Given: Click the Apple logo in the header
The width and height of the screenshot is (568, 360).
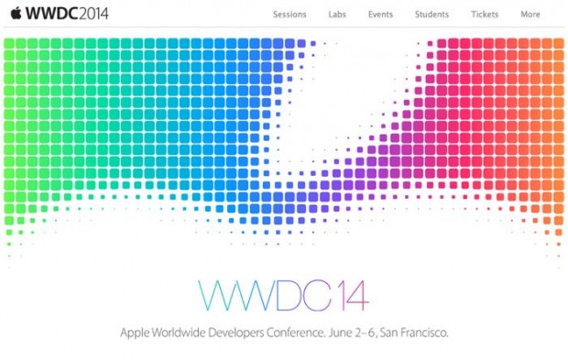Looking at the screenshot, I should [x=14, y=14].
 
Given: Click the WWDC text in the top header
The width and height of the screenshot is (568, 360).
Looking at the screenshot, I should [x=47, y=15].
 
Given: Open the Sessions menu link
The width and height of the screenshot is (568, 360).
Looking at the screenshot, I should [x=289, y=15].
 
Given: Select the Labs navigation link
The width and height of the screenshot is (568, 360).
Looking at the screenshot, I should [x=337, y=15].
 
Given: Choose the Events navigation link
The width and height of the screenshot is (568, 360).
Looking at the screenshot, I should [x=380, y=15].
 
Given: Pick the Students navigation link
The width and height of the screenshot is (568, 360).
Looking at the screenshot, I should [x=431, y=15].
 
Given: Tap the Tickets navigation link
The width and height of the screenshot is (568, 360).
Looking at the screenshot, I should [x=485, y=15].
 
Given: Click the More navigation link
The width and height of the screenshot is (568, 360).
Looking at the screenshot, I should [x=530, y=15].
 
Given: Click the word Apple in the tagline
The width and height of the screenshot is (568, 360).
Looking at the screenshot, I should [x=136, y=332].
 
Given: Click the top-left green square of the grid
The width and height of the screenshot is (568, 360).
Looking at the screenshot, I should [x=9, y=44].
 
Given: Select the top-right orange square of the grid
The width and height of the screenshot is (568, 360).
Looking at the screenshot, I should [x=558, y=44].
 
